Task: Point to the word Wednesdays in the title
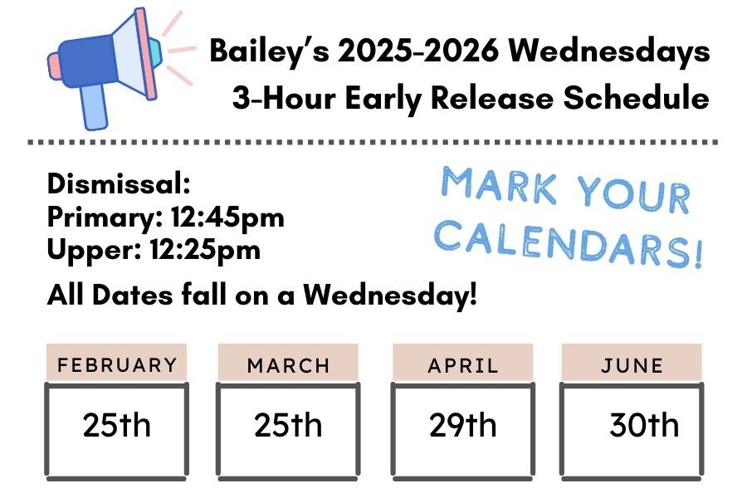click(610, 51)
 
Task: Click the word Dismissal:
click(120, 184)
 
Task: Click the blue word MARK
click(499, 184)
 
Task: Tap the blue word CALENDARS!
click(569, 241)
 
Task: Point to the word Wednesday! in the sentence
click(390, 294)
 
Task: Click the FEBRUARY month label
click(117, 365)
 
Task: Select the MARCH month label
click(288, 365)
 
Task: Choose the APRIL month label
click(463, 365)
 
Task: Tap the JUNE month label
click(632, 365)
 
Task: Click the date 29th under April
click(462, 426)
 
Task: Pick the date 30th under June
click(643, 426)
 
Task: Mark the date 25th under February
click(117, 426)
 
